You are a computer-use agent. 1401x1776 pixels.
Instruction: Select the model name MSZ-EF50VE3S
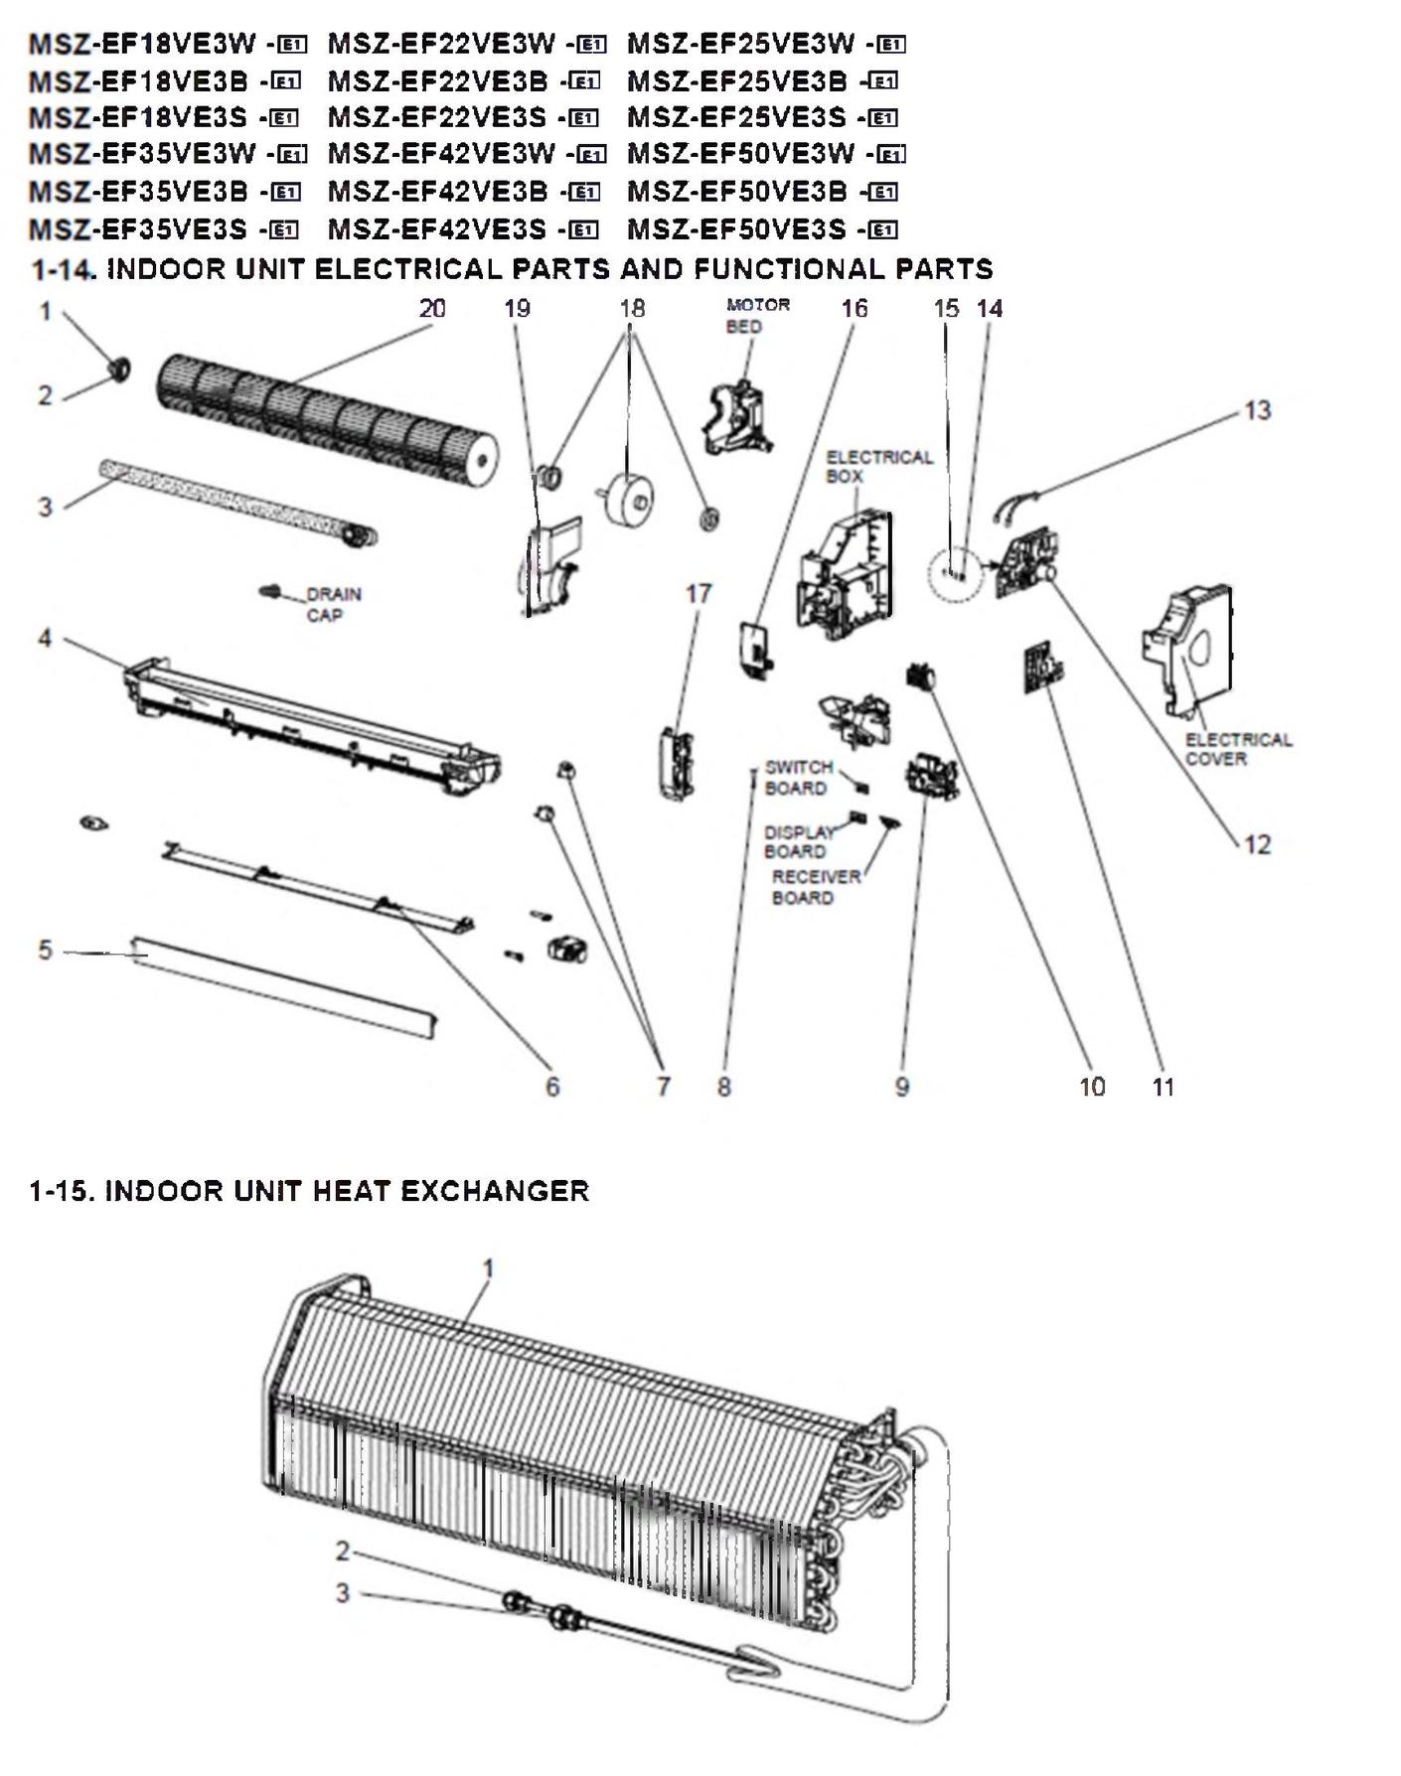tap(736, 230)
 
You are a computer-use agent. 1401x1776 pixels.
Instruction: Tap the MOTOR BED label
tap(757, 315)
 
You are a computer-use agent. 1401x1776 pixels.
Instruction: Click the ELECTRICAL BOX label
tap(878, 466)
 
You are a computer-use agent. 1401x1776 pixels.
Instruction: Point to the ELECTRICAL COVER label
tap(1237, 749)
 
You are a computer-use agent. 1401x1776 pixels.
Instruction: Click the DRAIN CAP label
tap(333, 604)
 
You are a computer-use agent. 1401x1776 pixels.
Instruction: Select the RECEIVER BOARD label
tap(815, 887)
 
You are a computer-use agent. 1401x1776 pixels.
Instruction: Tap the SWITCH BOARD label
tap(798, 778)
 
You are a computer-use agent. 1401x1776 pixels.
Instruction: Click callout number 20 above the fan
tap(432, 309)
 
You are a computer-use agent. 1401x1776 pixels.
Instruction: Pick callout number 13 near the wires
tap(1257, 410)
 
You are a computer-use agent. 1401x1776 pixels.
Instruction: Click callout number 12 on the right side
tap(1257, 844)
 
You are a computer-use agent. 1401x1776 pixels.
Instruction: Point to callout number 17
tap(699, 594)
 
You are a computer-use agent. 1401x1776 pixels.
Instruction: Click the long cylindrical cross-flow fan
tap(328, 417)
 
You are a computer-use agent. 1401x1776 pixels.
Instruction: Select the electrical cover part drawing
tap(1192, 646)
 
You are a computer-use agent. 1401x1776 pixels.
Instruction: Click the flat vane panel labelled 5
tap(283, 984)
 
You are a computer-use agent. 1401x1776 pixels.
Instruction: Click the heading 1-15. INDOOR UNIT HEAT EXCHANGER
tap(309, 1191)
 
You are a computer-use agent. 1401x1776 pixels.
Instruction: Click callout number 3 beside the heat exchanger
tap(343, 1593)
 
